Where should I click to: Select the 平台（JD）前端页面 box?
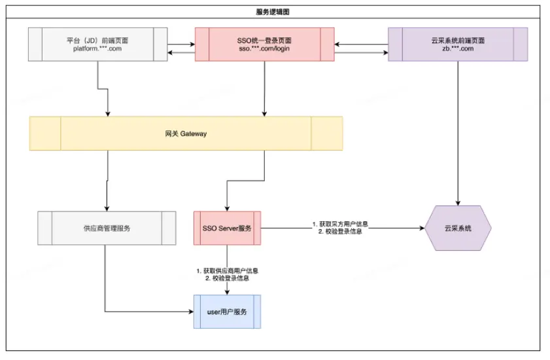99,45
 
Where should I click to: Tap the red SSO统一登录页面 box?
264,45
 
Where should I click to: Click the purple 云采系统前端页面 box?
457,45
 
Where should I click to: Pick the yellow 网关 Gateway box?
186,134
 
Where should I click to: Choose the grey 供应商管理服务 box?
107,228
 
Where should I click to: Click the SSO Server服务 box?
227,228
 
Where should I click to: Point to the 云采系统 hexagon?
457,228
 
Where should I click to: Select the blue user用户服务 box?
227,312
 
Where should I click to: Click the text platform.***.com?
98,49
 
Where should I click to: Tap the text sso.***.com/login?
264,49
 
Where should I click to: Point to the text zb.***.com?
457,49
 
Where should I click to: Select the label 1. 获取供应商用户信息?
227,270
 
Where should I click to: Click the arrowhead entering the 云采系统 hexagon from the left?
421,228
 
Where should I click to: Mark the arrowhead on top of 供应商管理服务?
107,208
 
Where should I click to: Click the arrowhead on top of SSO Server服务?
227,208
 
